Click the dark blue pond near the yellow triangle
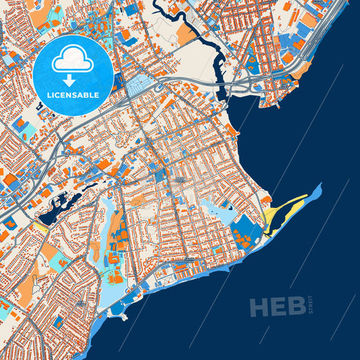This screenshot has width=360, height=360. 51,215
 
